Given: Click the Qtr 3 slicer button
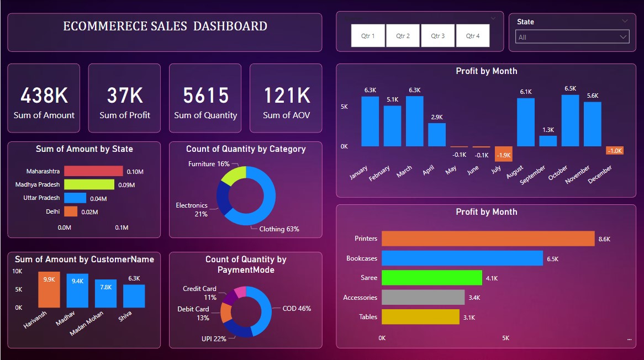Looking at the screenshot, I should [437, 36].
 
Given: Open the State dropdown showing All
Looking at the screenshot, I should [572, 38].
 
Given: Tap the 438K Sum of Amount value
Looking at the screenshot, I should [44, 96].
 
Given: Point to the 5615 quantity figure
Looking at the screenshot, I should [205, 96].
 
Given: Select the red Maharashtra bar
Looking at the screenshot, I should [93, 171].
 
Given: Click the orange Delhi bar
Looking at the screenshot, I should [71, 211].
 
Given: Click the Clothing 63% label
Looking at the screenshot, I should [279, 229].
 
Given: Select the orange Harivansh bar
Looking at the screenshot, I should [49, 289].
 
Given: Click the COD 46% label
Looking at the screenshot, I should [297, 309].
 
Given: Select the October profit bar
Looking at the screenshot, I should [570, 120].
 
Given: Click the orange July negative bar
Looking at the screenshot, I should [503, 154].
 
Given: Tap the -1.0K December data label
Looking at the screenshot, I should [615, 151].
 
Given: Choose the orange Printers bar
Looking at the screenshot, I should [488, 239].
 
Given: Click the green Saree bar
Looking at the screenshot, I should [431, 278].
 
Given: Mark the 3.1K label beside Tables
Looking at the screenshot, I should [469, 317].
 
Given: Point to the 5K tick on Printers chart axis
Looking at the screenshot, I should [505, 337].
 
